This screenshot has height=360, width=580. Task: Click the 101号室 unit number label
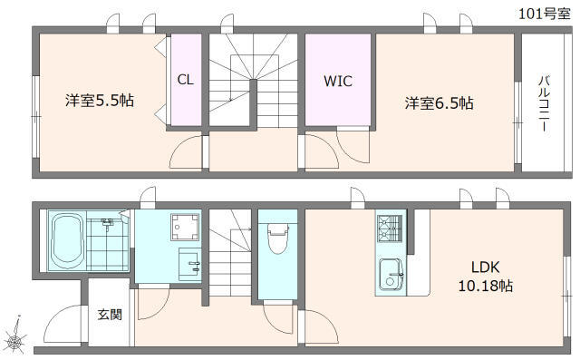click(544, 15)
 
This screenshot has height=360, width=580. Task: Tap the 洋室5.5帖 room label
click(100, 101)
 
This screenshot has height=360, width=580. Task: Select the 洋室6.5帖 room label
click(439, 103)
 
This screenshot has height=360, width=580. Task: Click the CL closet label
click(185, 80)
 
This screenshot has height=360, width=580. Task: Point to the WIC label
click(338, 81)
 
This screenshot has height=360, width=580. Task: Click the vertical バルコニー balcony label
click(544, 103)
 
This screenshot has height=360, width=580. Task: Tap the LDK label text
click(486, 267)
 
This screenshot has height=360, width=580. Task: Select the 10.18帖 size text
click(486, 286)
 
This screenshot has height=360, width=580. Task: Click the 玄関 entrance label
click(110, 315)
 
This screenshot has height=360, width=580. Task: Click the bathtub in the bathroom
click(68, 240)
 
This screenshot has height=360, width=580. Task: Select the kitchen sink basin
click(391, 274)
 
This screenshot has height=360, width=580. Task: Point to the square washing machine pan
click(185, 228)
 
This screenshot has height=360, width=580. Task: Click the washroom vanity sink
click(189, 264)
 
